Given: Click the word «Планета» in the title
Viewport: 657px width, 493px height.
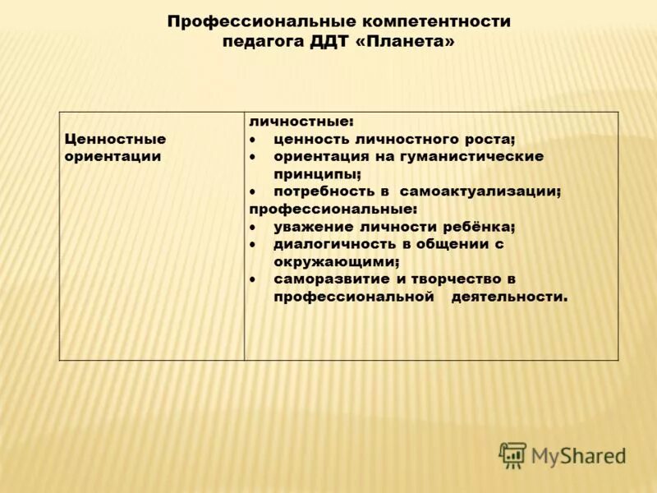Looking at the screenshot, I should pyautogui.click(x=403, y=41).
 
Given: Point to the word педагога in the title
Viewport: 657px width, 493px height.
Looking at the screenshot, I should pyautogui.click(x=262, y=41).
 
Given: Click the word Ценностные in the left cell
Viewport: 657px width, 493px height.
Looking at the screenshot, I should pyautogui.click(x=115, y=139).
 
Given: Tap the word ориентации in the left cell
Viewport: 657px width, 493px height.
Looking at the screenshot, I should pyautogui.click(x=113, y=156).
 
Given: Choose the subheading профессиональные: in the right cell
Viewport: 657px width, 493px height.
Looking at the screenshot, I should pyautogui.click(x=333, y=209).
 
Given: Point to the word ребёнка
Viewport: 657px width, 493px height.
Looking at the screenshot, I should pyautogui.click(x=478, y=227).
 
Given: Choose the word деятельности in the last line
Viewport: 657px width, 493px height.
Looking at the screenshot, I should pyautogui.click(x=509, y=297).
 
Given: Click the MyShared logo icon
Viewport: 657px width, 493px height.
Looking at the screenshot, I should pyautogui.click(x=512, y=455).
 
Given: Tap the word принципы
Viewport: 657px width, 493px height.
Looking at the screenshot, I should pyautogui.click(x=317, y=174).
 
